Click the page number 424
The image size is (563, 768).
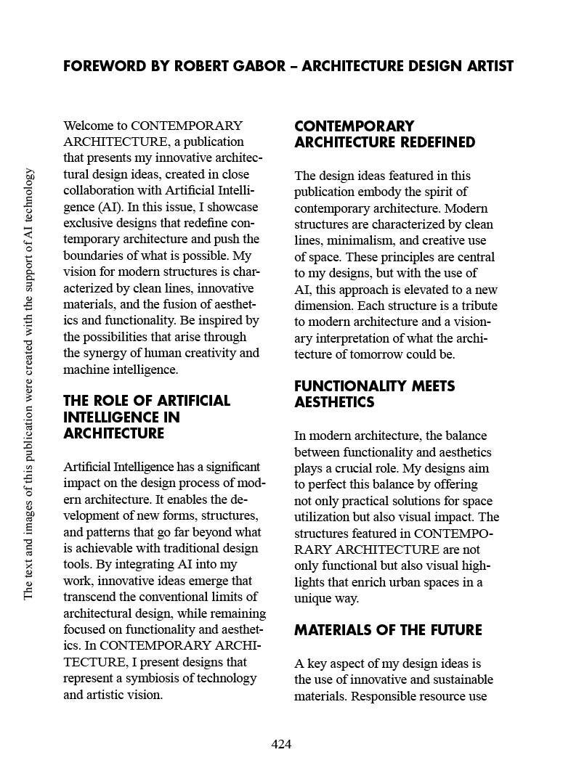point(281,744)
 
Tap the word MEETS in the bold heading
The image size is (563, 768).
point(429,386)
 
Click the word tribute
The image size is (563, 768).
point(469,306)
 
